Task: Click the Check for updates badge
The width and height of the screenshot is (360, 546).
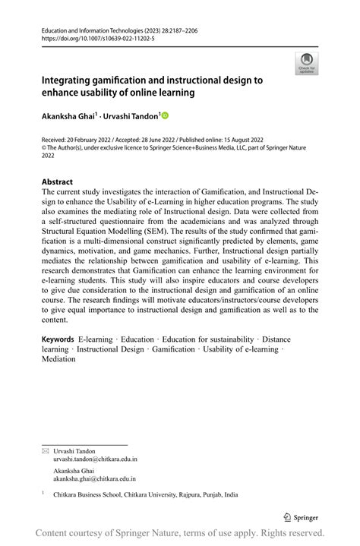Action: pyautogui.click(x=306, y=63)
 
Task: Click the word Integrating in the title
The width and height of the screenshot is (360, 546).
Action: pyautogui.click(x=69, y=80)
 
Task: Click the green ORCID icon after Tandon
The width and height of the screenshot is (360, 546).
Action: pyautogui.click(x=164, y=116)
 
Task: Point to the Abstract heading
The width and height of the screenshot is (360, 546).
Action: pyautogui.click(x=58, y=182)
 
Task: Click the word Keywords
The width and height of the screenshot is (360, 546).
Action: pyautogui.click(x=58, y=339)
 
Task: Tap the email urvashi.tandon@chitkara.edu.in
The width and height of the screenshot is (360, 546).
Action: pyautogui.click(x=95, y=459)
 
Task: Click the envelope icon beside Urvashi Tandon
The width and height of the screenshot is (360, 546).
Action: pyautogui.click(x=45, y=451)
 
